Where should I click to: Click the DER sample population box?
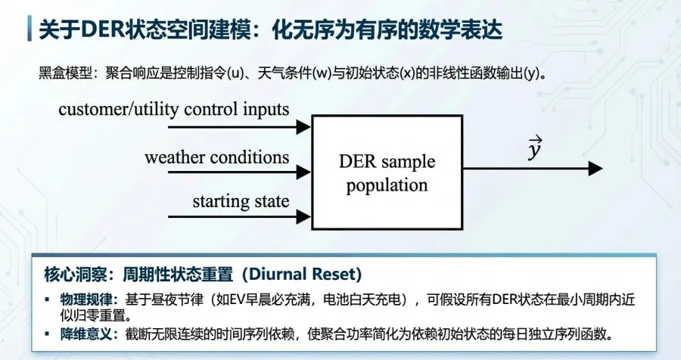387,172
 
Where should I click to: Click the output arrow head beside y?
595,169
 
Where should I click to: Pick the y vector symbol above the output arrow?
535,149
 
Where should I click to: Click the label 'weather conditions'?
216,157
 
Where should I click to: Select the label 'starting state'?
241,201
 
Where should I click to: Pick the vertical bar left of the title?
29,29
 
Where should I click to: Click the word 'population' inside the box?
387,185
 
